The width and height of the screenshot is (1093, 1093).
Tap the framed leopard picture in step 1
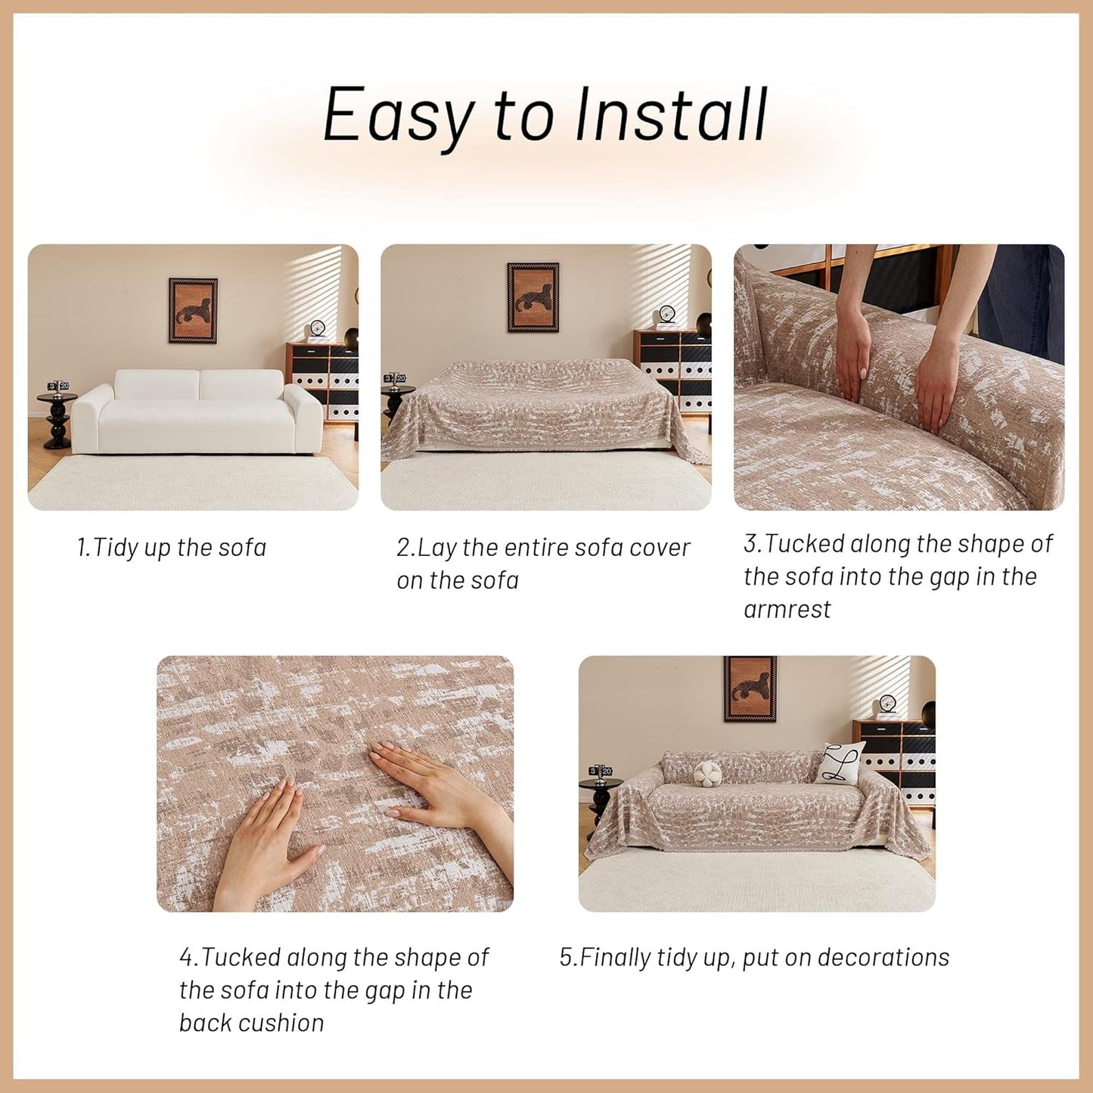pos(193,310)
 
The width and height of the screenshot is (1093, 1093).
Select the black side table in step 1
pos(57,420)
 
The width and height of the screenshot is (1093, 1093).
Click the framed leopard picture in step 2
pos(533,297)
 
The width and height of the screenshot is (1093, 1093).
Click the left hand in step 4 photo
pos(269,840)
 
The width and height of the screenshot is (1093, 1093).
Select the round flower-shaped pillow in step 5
pos(707,772)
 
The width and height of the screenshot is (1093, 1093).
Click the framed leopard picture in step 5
pos(750,688)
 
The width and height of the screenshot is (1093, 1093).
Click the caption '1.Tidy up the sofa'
pos(172,548)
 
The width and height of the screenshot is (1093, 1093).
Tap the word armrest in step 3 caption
pos(787,610)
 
